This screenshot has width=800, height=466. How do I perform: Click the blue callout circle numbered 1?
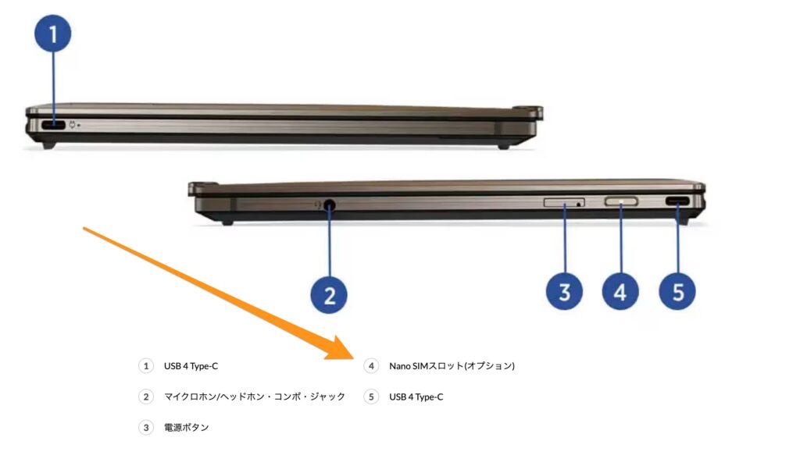pyautogui.click(x=52, y=34)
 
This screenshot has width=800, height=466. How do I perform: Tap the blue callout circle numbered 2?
pyautogui.click(x=329, y=295)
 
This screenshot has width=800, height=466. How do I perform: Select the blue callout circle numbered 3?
pyautogui.click(x=564, y=292)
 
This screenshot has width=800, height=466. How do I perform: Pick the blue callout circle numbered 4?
pyautogui.click(x=620, y=292)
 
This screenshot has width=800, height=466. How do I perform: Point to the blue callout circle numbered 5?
pyautogui.click(x=677, y=292)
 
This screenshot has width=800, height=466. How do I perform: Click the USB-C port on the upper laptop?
pyautogui.click(x=52, y=125)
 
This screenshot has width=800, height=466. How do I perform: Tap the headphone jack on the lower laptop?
pyautogui.click(x=330, y=205)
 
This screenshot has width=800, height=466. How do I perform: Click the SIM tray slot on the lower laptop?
pyautogui.click(x=564, y=202)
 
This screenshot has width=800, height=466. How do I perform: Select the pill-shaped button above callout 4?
pyautogui.click(x=621, y=202)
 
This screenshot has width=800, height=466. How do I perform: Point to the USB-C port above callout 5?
pyautogui.click(x=677, y=201)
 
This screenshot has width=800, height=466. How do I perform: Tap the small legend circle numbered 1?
pyautogui.click(x=146, y=366)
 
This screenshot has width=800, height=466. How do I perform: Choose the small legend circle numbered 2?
pyautogui.click(x=146, y=397)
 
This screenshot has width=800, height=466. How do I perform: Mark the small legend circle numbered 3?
pyautogui.click(x=146, y=427)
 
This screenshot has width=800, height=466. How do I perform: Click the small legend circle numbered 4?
pyautogui.click(x=371, y=366)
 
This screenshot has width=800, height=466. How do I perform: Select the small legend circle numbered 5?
pyautogui.click(x=371, y=397)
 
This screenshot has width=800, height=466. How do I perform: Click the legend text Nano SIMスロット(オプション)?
pyautogui.click(x=452, y=366)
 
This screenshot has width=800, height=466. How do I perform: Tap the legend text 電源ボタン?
pyautogui.click(x=186, y=427)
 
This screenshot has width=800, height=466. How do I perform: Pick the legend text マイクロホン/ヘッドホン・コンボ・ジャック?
pyautogui.click(x=255, y=397)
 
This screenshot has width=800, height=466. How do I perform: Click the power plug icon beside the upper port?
pyautogui.click(x=73, y=124)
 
